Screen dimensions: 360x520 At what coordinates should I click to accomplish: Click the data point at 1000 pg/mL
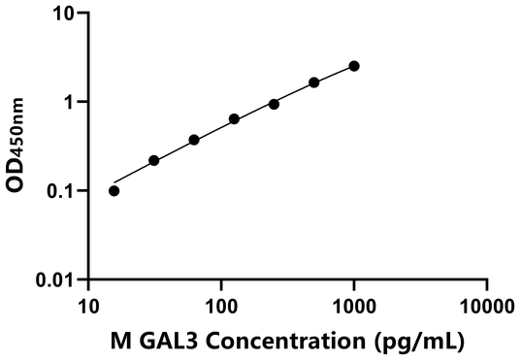click(x=354, y=66)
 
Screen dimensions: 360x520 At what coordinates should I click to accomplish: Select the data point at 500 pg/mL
click(x=314, y=82)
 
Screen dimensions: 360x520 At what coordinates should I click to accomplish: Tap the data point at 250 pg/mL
click(x=274, y=104)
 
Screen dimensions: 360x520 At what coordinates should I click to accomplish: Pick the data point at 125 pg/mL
click(x=234, y=119)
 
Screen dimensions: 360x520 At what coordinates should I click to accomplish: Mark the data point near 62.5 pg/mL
click(x=194, y=140)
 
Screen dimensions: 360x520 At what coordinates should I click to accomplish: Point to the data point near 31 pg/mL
click(x=154, y=160)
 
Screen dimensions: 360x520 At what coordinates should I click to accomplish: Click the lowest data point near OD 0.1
click(x=114, y=190)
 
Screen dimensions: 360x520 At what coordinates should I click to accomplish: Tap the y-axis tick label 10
click(x=64, y=15)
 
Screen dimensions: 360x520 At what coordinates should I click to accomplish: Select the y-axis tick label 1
click(x=70, y=103)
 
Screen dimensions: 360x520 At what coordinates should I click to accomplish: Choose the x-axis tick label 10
click(x=88, y=307)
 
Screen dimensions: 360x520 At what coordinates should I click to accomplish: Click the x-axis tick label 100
click(x=221, y=307)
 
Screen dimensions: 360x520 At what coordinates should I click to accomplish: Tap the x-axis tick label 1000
click(x=354, y=307)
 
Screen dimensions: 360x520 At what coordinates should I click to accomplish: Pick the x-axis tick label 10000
click(x=486, y=307)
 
